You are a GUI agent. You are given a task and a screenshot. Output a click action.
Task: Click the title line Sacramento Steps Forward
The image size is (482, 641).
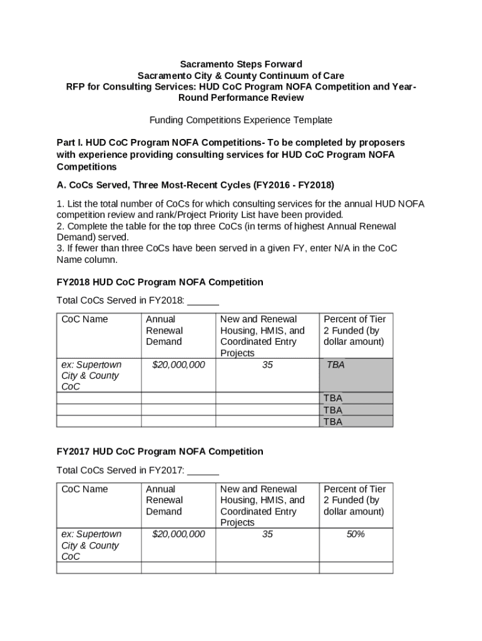coord(241,64)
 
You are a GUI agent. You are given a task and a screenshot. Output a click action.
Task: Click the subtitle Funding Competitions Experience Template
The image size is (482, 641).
coord(240,120)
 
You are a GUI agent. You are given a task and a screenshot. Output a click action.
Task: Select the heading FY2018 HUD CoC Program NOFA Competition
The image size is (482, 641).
coord(160,282)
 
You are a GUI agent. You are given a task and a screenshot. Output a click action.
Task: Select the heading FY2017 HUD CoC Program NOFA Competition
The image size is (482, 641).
coord(160,451)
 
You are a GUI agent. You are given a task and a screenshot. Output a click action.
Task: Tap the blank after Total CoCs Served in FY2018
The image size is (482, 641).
coord(203,300)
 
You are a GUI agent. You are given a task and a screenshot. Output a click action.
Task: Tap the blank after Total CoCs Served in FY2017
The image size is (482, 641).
coord(203,470)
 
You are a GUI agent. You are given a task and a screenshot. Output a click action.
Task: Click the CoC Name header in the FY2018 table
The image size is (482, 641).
coord(85,319)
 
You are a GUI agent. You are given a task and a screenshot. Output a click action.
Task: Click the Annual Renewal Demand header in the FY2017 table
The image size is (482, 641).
coord(165,500)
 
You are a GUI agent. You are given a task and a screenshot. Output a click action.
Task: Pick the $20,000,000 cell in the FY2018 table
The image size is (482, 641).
coord(178,364)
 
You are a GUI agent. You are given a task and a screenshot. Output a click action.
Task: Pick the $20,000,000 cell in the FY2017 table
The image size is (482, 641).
coord(178,534)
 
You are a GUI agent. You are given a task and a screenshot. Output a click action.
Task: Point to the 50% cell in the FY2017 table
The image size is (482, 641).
coord(355,534)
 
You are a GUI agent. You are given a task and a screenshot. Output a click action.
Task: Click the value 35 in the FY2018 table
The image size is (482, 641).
coord(267,364)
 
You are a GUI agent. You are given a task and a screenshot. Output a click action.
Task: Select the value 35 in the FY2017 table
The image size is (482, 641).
coord(267,534)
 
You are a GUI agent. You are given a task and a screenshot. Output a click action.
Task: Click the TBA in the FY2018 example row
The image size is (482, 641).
coord(335,364)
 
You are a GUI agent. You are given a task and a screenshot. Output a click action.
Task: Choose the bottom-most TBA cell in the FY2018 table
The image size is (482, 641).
coord(333,422)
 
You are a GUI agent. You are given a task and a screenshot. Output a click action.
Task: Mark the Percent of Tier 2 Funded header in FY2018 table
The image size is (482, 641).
coord(354,331)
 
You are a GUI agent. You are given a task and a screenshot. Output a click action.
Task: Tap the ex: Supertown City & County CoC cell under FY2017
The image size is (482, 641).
coord(91,545)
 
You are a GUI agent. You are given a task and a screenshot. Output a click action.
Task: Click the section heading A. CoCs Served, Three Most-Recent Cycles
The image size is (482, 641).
coord(195,185)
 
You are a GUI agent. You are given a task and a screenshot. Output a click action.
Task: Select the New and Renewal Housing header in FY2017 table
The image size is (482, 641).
coord(262,505)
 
